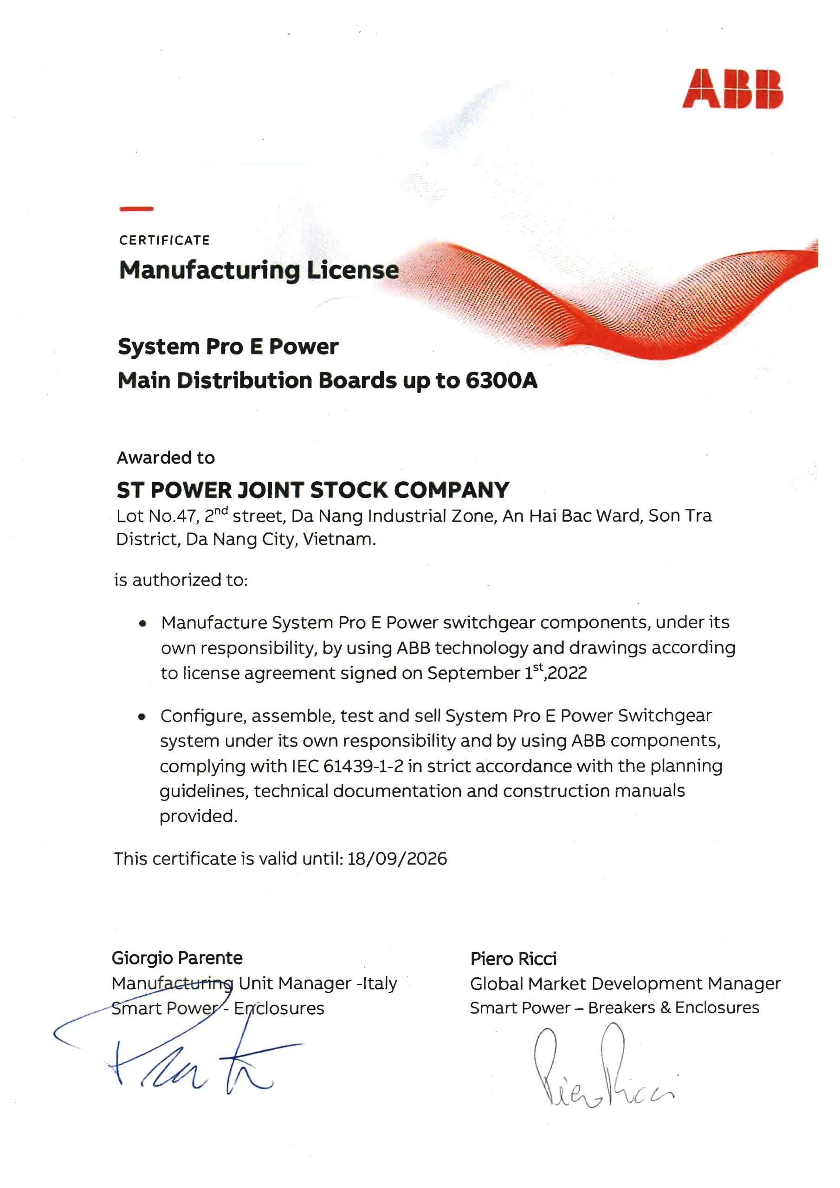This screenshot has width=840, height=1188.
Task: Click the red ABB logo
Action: click(x=732, y=89)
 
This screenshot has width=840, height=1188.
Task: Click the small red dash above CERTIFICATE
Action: click(x=136, y=208)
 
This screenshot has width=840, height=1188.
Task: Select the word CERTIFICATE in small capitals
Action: click(x=164, y=240)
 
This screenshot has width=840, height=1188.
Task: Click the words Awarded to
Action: click(x=166, y=458)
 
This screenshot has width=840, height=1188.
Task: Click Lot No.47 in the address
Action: click(x=157, y=516)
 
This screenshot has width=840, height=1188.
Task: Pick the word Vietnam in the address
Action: click(x=338, y=539)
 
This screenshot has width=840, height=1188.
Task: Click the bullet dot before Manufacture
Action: click(x=142, y=624)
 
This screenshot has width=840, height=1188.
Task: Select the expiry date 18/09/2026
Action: click(x=397, y=859)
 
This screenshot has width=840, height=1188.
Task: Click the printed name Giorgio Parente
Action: click(x=177, y=958)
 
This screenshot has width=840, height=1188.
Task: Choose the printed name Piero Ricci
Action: click(x=513, y=959)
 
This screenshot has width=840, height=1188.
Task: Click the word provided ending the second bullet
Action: click(x=198, y=816)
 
